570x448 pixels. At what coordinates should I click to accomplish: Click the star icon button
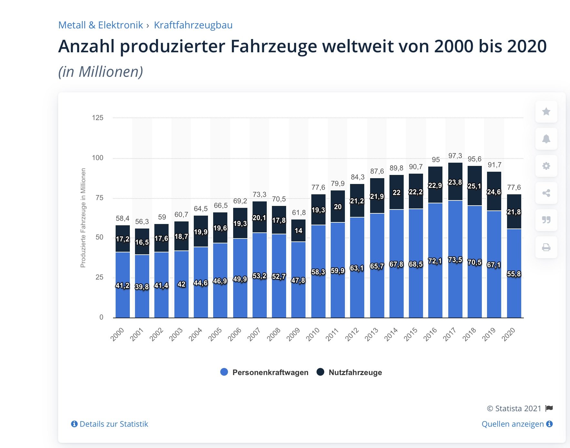(x=546, y=112)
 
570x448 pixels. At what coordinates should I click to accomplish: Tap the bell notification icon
(x=546, y=139)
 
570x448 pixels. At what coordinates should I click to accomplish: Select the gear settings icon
(x=546, y=166)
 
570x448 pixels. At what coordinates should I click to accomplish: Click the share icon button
(x=546, y=193)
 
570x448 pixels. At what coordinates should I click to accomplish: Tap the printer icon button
(x=546, y=247)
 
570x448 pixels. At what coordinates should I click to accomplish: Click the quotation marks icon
(x=546, y=220)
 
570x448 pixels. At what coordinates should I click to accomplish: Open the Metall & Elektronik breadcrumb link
(x=100, y=25)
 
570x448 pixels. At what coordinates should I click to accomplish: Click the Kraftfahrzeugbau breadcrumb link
(x=193, y=25)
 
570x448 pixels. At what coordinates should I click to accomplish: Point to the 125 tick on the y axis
(x=98, y=118)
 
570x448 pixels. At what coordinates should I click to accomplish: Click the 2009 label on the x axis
(x=294, y=334)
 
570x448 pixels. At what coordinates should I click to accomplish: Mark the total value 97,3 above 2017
(x=455, y=156)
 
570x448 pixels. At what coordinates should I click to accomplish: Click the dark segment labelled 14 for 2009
(x=298, y=230)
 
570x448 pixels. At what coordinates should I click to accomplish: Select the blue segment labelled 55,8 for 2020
(x=514, y=274)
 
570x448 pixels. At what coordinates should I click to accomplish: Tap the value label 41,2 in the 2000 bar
(x=123, y=285)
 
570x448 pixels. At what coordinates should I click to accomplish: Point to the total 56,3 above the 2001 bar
(x=142, y=222)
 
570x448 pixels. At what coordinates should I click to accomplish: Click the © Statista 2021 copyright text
(x=514, y=409)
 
